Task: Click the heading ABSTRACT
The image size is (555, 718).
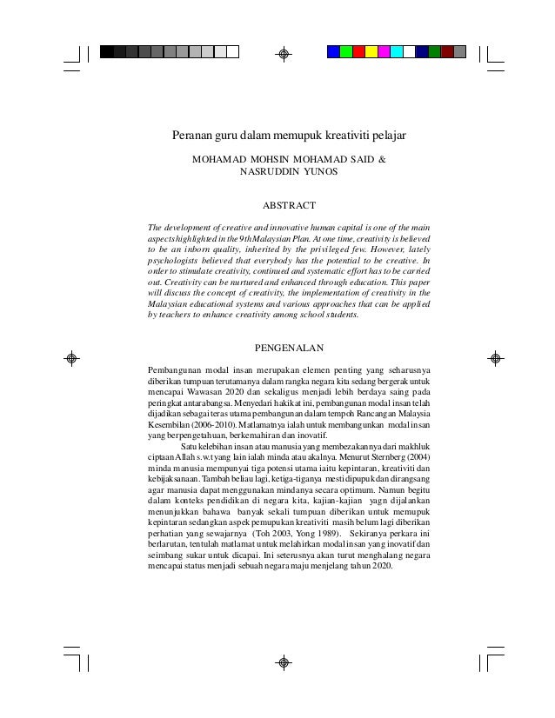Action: pos(288,206)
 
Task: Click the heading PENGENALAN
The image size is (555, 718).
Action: pos(288,349)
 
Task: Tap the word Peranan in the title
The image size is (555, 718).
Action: pos(191,136)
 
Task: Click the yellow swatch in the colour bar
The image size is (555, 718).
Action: pos(371,51)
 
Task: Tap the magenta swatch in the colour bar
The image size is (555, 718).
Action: pos(384,51)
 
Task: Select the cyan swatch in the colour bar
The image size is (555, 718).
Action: pos(396,51)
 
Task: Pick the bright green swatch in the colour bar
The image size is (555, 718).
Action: pos(345,51)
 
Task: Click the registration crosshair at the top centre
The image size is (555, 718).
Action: pos(283,54)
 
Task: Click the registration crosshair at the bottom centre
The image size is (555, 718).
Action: pos(283,662)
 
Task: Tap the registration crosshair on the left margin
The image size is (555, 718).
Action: pos(73,357)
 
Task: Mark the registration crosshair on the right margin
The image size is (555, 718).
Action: pos(494,357)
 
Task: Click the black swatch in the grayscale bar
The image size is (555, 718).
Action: pos(106,51)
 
